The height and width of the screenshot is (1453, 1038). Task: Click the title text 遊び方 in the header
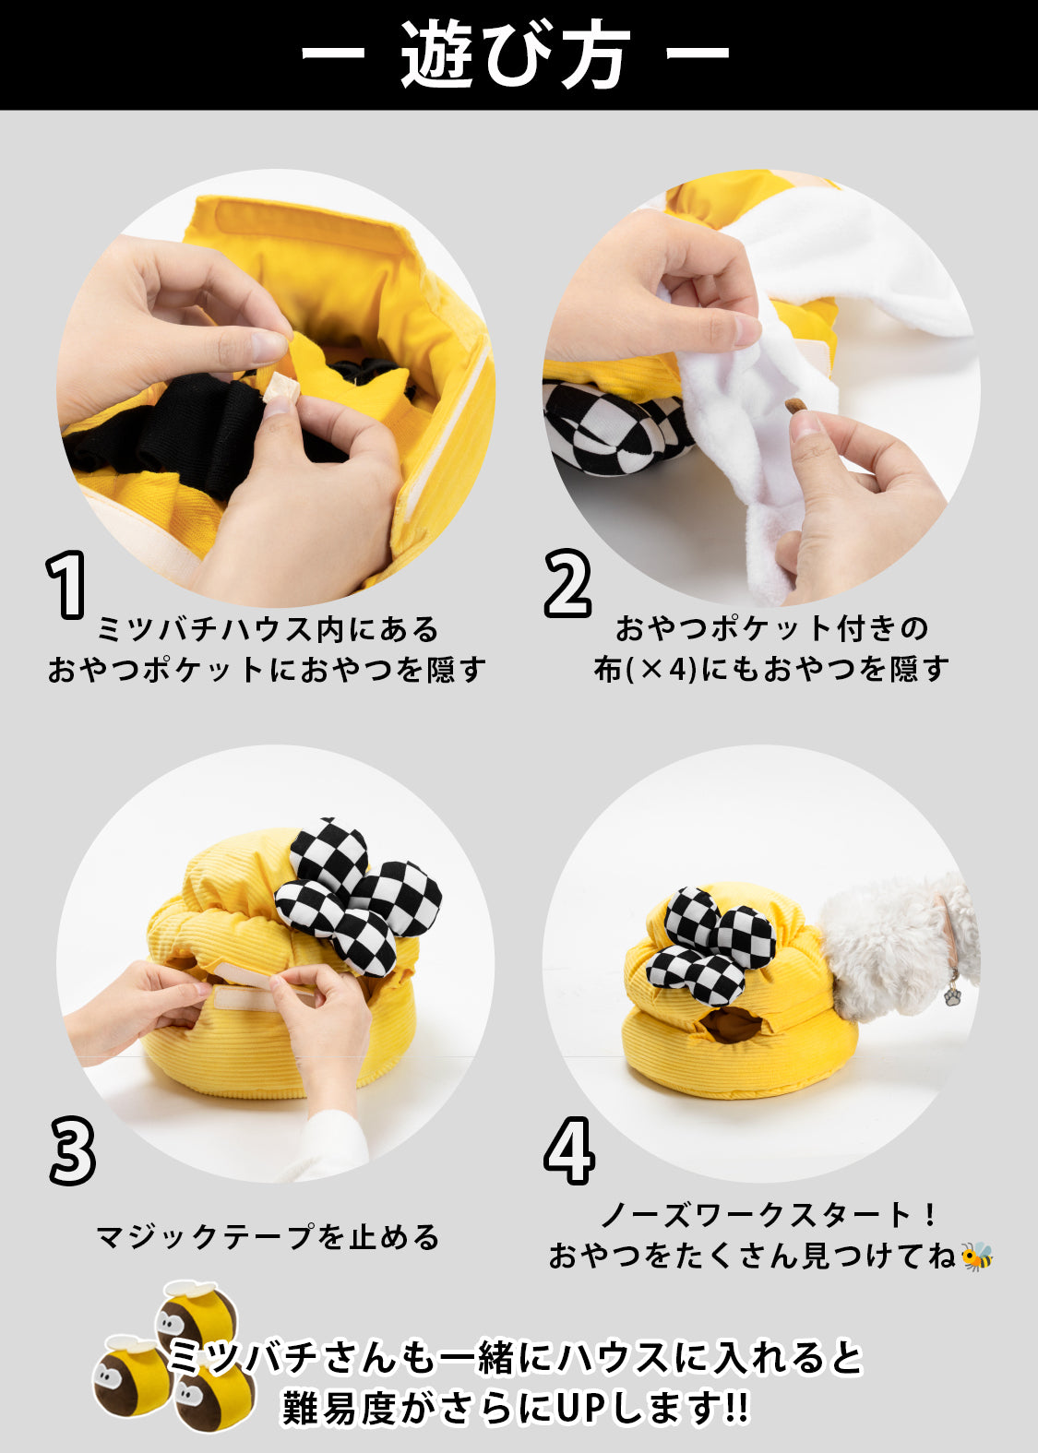(515, 54)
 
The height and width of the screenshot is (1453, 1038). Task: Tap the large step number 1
(66, 585)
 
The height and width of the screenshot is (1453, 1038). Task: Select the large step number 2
(567, 582)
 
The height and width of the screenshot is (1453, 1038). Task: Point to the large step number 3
(72, 1149)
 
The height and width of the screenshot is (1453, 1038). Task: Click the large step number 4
(569, 1149)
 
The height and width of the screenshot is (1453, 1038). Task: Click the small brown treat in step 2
(796, 407)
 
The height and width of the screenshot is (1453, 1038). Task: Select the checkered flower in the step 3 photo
(355, 896)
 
